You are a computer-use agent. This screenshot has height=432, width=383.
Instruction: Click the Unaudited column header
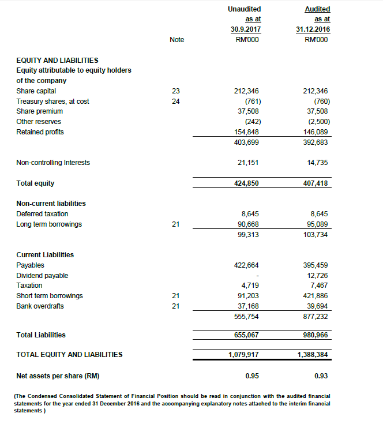[245, 9]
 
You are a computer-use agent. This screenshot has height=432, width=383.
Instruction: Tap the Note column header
[177, 39]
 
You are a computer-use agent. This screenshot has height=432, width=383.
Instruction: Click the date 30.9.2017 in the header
[245, 29]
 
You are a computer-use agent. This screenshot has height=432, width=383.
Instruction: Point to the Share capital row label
[36, 91]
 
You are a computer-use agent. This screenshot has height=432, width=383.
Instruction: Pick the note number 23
[177, 91]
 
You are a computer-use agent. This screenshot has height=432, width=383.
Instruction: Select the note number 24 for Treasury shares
[177, 102]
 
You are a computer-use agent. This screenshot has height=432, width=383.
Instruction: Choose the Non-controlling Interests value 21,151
[248, 163]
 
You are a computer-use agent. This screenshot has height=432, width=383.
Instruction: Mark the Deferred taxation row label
[43, 214]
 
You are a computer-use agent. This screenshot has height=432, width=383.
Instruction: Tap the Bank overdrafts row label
[40, 306]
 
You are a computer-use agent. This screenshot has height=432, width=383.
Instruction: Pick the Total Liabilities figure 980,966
[316, 335]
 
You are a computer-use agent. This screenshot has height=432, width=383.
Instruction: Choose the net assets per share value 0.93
[321, 376]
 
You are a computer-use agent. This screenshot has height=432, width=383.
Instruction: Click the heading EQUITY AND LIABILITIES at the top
[57, 60]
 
